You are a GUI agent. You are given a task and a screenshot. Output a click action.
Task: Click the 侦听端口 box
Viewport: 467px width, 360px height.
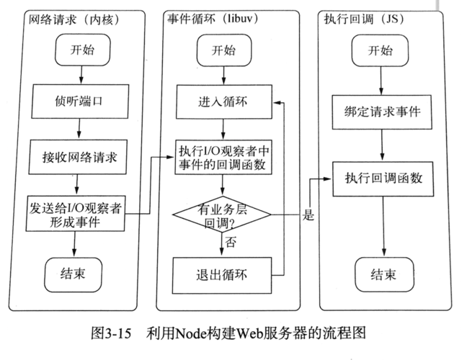[x=79, y=100]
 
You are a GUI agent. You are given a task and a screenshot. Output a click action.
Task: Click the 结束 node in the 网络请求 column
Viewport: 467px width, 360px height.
[x=79, y=273]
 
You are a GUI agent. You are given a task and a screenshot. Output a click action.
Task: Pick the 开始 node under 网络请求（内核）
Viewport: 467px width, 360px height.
[x=79, y=50]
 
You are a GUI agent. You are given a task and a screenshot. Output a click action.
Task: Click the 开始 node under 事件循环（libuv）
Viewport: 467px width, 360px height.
[x=223, y=50]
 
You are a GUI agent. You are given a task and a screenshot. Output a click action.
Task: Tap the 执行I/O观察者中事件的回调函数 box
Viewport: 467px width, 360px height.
[x=223, y=158]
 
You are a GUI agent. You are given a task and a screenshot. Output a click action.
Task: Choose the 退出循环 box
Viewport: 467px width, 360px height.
[x=223, y=274]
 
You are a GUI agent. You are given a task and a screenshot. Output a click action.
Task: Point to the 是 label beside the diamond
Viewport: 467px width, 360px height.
[x=309, y=214]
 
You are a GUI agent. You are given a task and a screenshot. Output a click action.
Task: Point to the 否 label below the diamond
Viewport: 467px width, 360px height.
[x=231, y=243]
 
